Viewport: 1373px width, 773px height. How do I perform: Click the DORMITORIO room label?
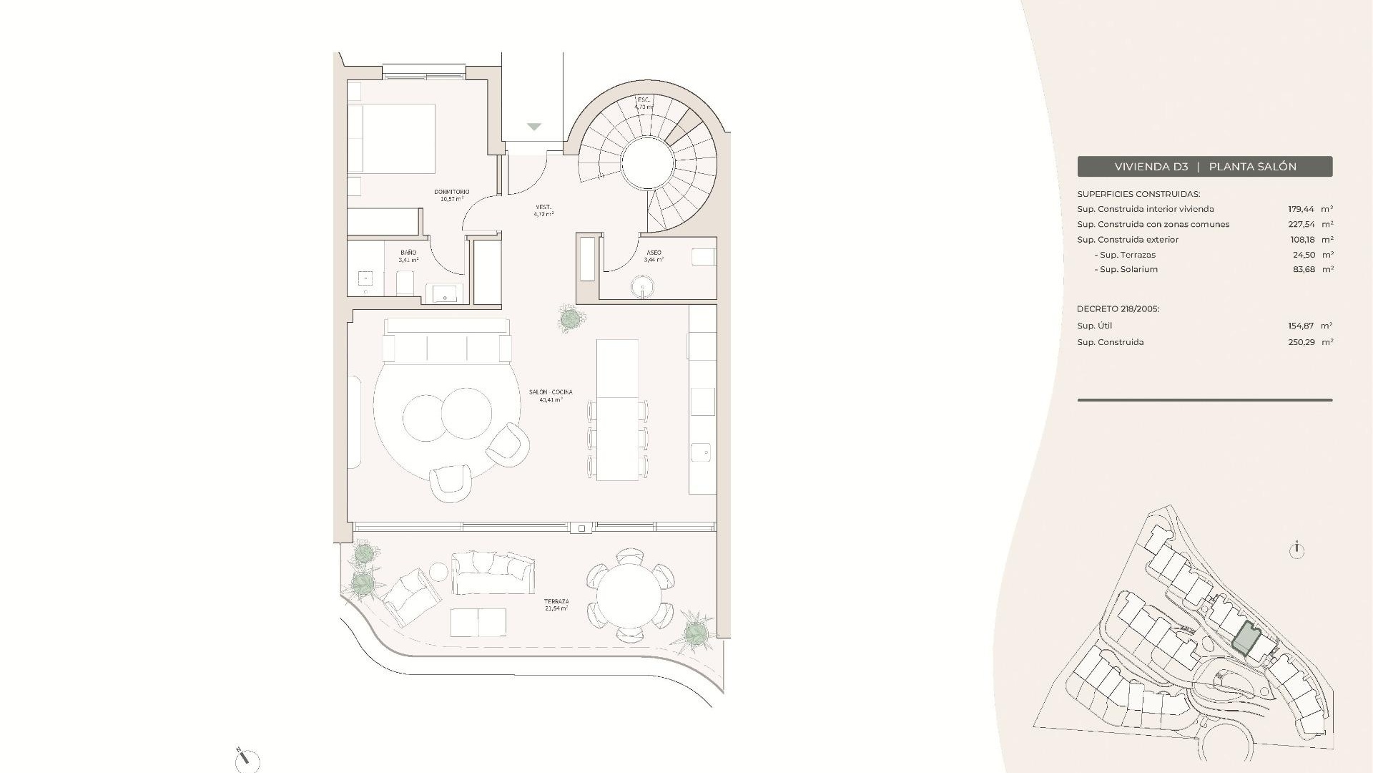point(452,192)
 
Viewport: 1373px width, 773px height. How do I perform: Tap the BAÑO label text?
point(408,253)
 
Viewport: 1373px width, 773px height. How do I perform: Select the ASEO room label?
point(654,253)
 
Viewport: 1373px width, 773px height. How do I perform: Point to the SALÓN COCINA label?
point(551,392)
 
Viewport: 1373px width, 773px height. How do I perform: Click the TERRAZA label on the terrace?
point(556,601)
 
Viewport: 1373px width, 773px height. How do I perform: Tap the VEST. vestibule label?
point(543,208)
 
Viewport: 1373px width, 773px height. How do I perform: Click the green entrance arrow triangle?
point(534,127)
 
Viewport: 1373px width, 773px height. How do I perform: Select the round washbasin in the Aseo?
point(643,288)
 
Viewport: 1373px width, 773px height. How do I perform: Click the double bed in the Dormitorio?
point(392,138)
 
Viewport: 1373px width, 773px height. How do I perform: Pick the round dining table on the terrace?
point(629,595)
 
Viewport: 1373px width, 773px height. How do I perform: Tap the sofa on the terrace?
point(493,572)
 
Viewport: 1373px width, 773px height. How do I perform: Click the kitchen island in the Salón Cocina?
point(617,409)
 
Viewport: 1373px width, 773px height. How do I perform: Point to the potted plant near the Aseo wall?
point(570,318)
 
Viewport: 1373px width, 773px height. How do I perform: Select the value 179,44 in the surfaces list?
point(1301,209)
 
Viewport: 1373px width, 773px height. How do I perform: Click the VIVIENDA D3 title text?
point(1151,167)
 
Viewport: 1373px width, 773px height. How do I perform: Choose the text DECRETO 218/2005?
point(1118,309)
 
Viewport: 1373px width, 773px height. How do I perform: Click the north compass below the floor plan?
point(247,759)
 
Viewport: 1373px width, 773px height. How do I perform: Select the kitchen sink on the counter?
point(702,452)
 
